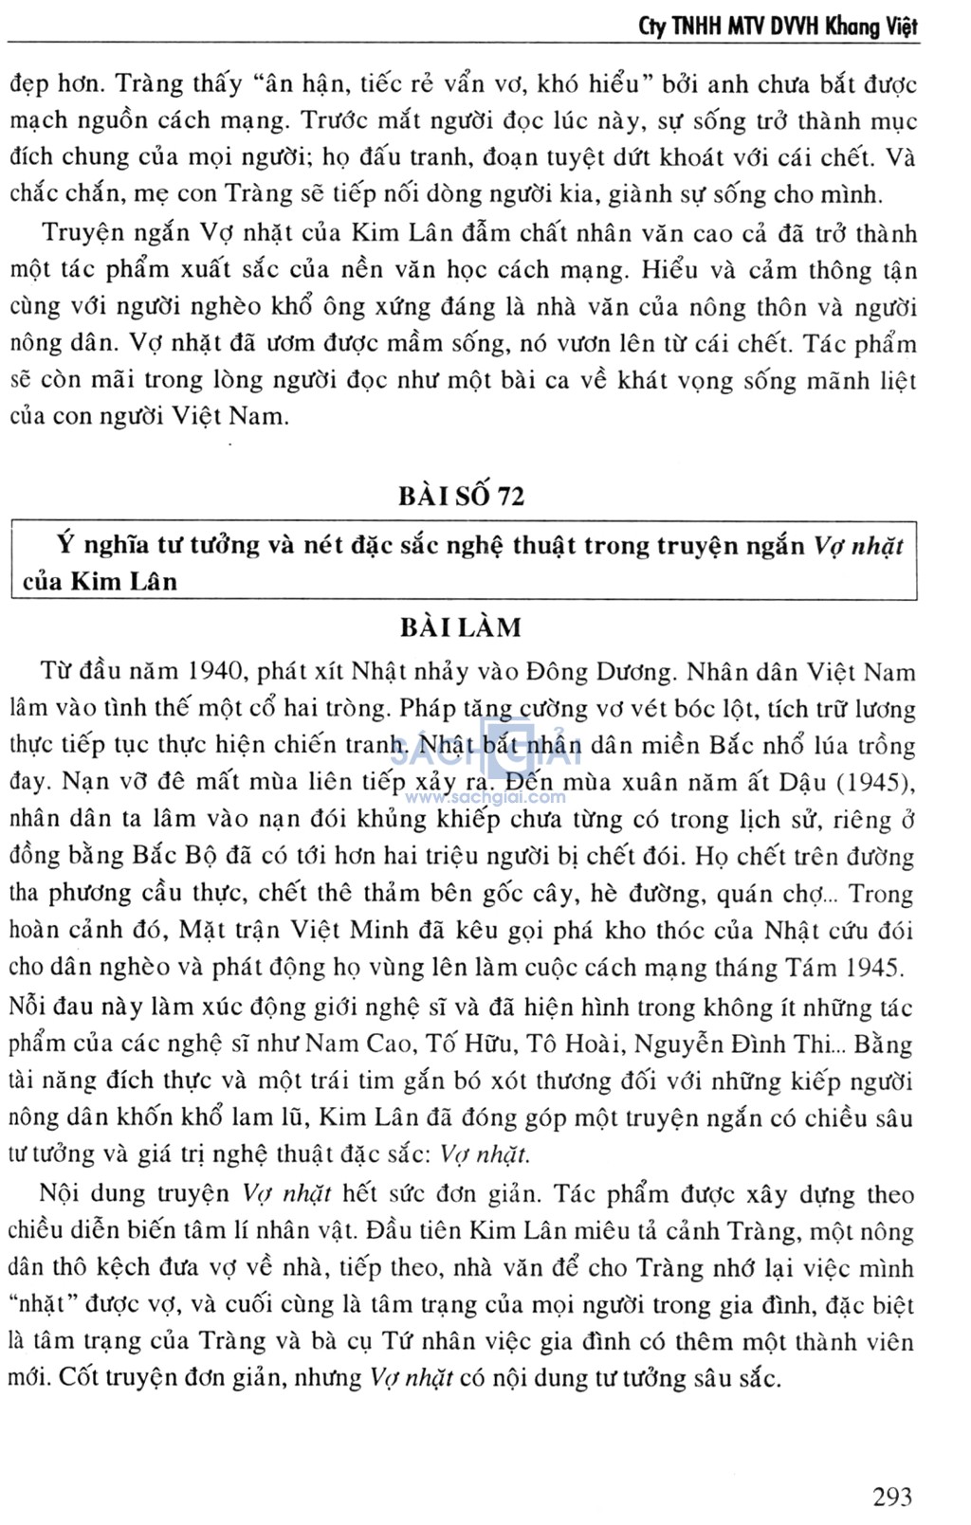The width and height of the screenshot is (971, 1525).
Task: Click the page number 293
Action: [x=891, y=1498]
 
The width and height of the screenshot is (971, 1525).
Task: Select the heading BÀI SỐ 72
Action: [x=462, y=496]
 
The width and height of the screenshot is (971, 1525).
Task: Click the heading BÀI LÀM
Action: [x=461, y=627]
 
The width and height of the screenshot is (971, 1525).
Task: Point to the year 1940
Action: [x=218, y=674]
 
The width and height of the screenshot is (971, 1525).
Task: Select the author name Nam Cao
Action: [x=373, y=1044]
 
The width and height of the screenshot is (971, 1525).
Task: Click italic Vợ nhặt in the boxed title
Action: [x=858, y=545]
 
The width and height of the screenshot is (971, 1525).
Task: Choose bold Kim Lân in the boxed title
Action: [x=123, y=582]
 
